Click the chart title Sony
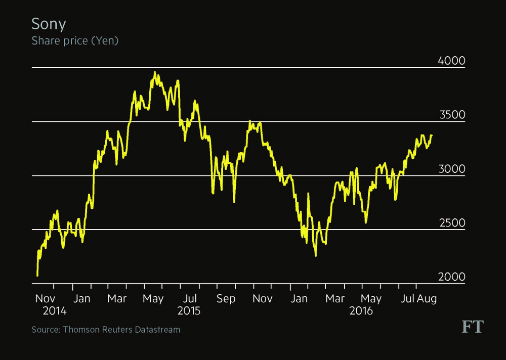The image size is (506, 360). click(49, 24)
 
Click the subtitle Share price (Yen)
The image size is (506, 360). click(75, 41)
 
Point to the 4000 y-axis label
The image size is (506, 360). click(451, 61)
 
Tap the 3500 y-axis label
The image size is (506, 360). click(451, 115)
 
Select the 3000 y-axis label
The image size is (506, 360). click(451, 169)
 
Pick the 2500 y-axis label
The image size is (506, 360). click(451, 223)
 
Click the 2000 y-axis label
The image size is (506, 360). click(451, 277)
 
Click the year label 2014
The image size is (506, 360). click(54, 311)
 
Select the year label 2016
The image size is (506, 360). click(361, 311)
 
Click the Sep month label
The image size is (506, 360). click(226, 299)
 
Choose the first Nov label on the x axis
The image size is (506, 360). click(46, 299)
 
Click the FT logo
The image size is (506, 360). click(472, 327)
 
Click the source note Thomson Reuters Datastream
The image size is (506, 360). click(106, 330)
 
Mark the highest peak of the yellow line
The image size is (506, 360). click(155, 72)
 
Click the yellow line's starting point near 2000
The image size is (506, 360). click(37, 276)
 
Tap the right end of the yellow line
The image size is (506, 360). click(432, 135)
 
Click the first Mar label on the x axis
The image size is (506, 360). click(117, 299)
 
